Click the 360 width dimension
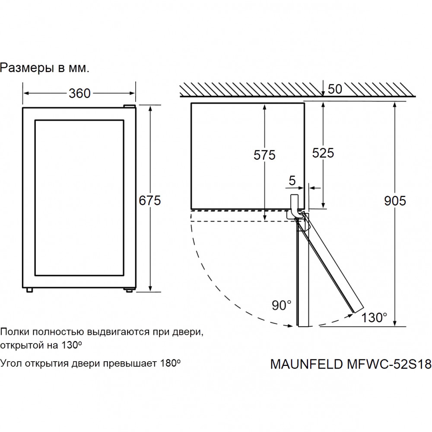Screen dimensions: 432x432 [x=79, y=93]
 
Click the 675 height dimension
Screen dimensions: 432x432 [x=149, y=200]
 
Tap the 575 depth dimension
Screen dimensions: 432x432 [x=264, y=155]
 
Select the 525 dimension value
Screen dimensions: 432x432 [x=323, y=152]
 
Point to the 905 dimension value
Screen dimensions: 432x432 [x=395, y=200]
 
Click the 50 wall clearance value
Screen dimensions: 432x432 [x=335, y=89]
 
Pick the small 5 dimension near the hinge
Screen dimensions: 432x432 [x=292, y=181]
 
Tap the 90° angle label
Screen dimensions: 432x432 [x=282, y=305]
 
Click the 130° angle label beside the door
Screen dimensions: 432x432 [x=374, y=318]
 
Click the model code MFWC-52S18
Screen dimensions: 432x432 [x=389, y=364]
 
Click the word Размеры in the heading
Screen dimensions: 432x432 [x=27, y=68]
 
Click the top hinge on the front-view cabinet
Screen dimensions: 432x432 [x=129, y=106]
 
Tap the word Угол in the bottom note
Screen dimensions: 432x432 [x=11, y=363]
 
